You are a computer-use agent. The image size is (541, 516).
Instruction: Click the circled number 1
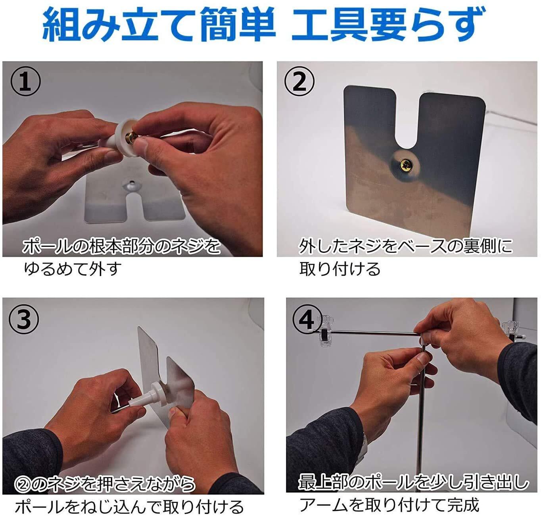coord(25,81)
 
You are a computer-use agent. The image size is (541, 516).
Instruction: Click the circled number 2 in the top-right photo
coord(299,81)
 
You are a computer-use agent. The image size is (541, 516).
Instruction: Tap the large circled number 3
coord(24,319)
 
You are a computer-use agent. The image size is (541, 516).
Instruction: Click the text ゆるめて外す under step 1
coord(72,269)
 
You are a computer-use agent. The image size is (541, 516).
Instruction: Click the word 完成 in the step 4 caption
coord(463,505)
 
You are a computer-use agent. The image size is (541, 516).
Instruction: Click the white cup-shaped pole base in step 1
coord(120,138)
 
